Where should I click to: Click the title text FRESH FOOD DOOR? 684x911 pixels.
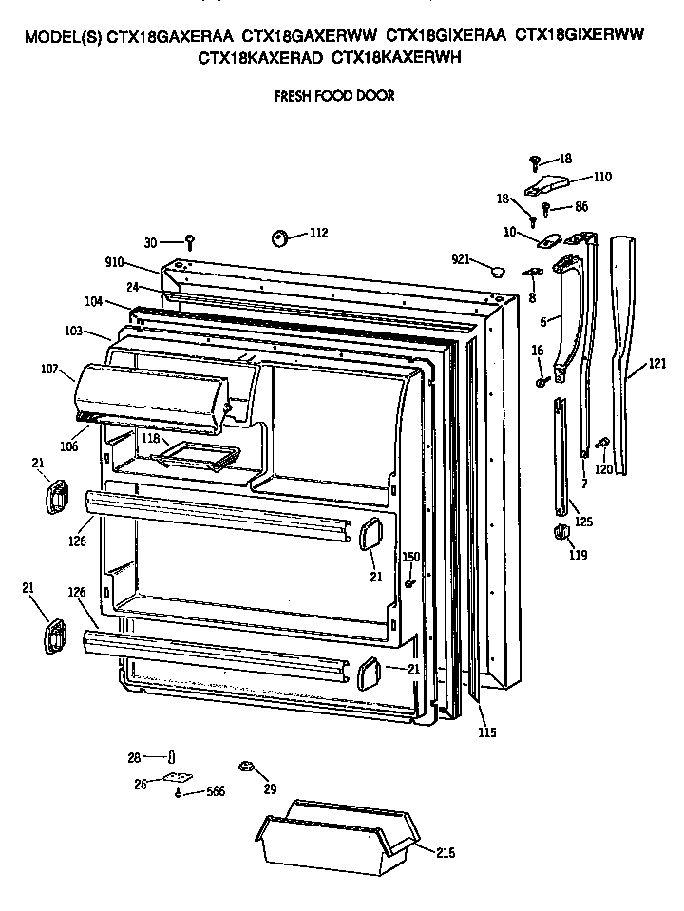333,96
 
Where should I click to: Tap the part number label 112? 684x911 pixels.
318,234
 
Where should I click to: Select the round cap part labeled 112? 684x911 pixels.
281,237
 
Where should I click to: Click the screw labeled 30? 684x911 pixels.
190,241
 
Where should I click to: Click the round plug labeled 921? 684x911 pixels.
495,272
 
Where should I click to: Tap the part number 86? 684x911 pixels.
581,206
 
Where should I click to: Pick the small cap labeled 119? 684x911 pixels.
560,531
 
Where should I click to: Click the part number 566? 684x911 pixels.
216,792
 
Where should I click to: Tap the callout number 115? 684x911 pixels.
487,732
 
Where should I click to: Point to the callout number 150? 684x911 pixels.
410,557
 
